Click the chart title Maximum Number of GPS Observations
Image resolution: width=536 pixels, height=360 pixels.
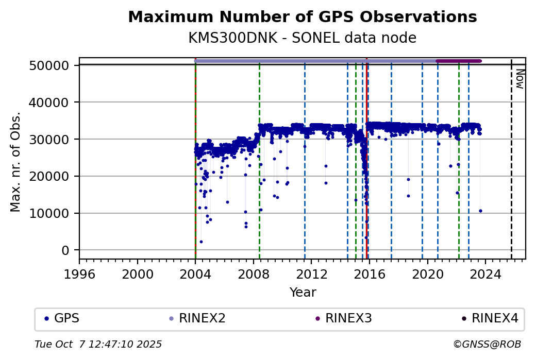[x=302, y=17]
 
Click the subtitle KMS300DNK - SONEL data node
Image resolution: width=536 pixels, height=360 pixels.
[x=302, y=38]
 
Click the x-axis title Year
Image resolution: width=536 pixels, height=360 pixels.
[x=303, y=293]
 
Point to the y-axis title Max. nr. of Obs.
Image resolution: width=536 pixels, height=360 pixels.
[x=15, y=162]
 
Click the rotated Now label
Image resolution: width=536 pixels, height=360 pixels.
[x=520, y=79]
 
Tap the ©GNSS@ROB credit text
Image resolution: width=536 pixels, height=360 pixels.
[x=487, y=344]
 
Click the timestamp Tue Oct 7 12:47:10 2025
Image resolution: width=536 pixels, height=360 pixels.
[x=98, y=344]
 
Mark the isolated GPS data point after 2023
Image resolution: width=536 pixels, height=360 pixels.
[x=480, y=211]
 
